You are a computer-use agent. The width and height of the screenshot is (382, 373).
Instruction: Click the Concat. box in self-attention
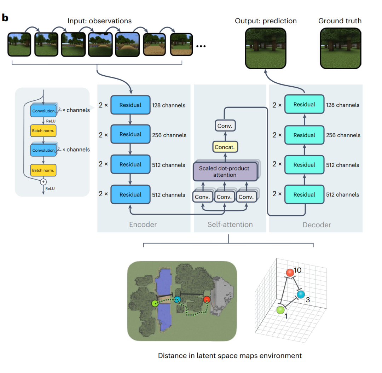(x=225, y=147)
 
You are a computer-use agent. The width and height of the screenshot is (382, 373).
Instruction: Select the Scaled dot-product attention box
(x=224, y=171)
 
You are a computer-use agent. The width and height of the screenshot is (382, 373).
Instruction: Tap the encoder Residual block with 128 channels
(x=130, y=105)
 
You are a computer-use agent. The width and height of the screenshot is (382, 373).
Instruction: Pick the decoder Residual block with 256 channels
(x=304, y=135)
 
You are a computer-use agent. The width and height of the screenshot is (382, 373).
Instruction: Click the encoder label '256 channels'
(x=169, y=135)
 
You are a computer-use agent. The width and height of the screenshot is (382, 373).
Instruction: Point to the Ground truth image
(x=341, y=48)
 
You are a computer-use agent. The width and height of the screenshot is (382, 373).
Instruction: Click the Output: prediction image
(x=266, y=48)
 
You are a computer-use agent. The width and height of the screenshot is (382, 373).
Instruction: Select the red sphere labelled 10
(x=290, y=273)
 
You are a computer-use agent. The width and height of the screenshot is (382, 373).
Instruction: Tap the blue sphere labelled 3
(x=300, y=295)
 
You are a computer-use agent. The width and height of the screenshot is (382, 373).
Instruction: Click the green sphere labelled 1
(x=280, y=310)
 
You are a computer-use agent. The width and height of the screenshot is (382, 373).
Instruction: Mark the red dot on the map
(x=207, y=300)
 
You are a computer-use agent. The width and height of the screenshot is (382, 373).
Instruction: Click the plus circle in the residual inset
(x=44, y=182)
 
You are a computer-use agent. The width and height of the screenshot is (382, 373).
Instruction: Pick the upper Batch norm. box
(x=44, y=131)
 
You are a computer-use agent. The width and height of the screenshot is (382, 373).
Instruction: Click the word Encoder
(x=143, y=225)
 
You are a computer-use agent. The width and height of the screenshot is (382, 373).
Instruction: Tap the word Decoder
(x=317, y=225)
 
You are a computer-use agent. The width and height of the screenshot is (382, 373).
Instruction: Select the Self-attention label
(x=230, y=225)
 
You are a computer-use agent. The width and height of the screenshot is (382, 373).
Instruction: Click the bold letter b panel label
(x=5, y=18)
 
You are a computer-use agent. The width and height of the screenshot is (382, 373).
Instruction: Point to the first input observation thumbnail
(x=19, y=45)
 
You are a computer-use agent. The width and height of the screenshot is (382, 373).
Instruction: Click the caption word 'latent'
(x=213, y=355)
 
